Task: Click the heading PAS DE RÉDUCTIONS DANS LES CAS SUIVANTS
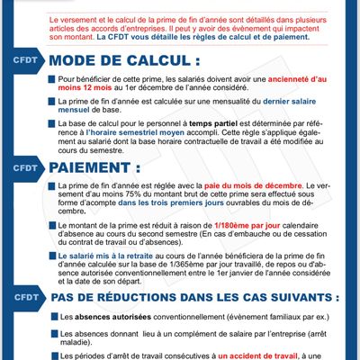(x=196, y=296)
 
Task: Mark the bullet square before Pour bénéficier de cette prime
(x=50, y=80)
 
